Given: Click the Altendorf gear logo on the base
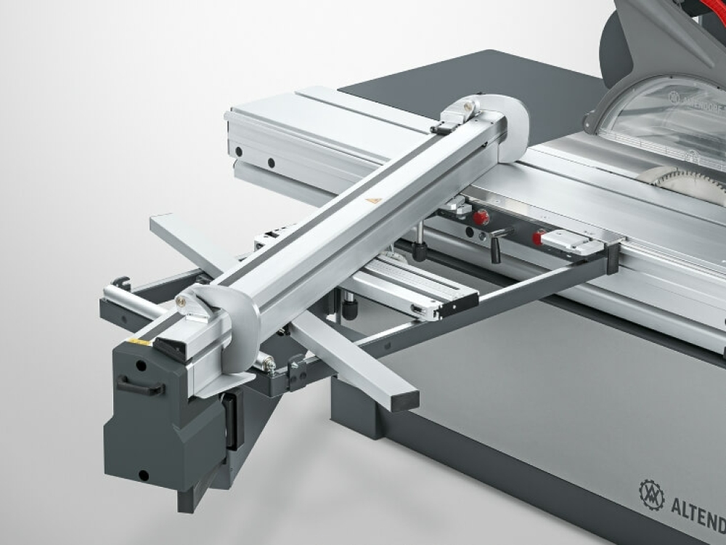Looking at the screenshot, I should pyautogui.click(x=650, y=494).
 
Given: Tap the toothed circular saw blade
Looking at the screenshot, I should pyautogui.click(x=686, y=182).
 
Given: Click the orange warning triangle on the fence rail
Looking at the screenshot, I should pyautogui.click(x=373, y=200).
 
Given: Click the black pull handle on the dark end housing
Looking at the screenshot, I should pyautogui.click(x=139, y=387).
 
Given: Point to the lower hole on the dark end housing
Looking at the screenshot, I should pyautogui.click(x=144, y=475).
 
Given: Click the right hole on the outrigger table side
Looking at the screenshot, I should pyautogui.click(x=270, y=162).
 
